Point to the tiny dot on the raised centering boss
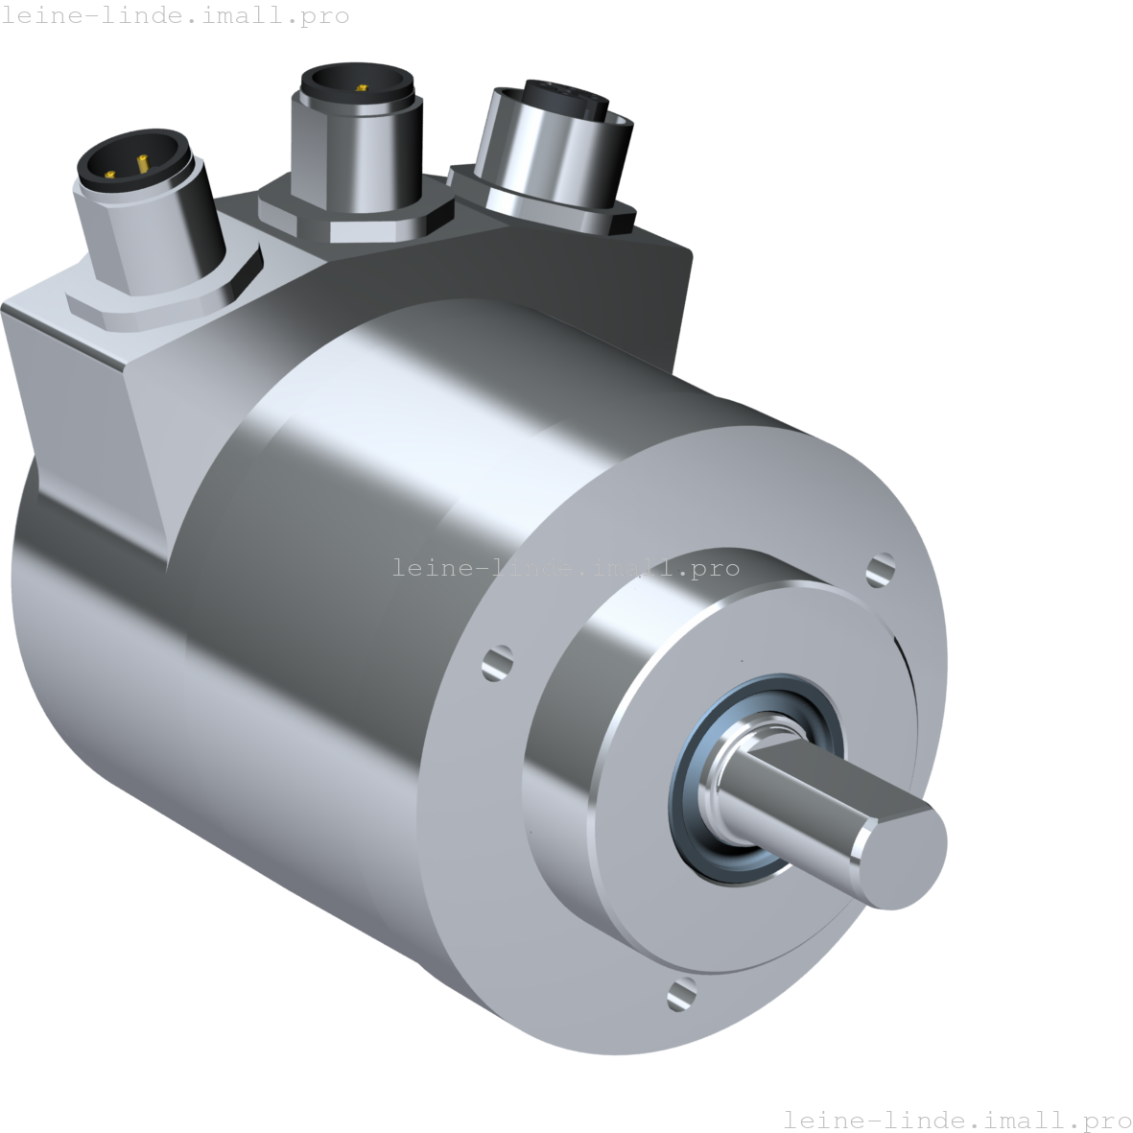coord(741,660)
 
